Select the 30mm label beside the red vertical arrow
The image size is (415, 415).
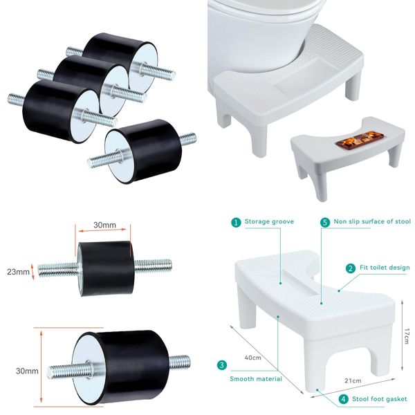[26, 371]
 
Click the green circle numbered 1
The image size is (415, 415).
[236, 223]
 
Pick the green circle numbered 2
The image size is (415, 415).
[351, 268]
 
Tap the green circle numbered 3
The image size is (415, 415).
[221, 365]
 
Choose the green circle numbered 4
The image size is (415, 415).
[343, 398]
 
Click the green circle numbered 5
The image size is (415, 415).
[324, 223]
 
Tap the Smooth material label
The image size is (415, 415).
[255, 378]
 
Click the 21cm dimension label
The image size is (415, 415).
[353, 380]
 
